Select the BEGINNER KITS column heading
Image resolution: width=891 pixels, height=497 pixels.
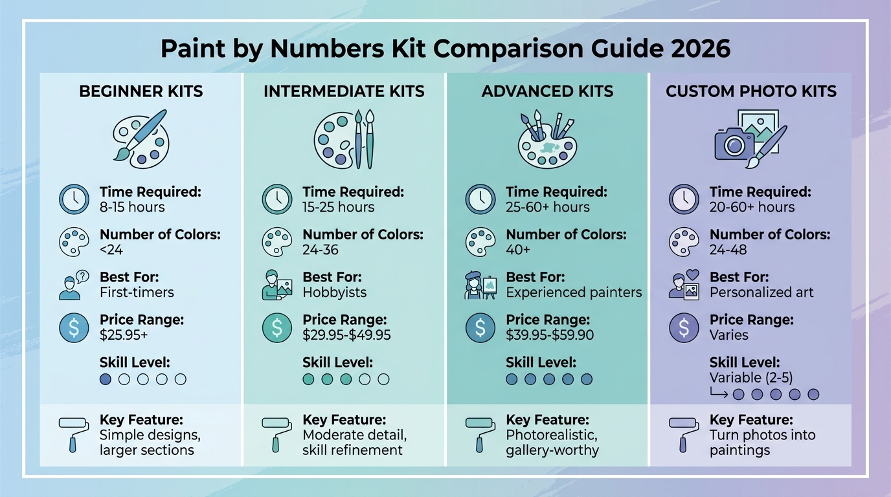[141, 91]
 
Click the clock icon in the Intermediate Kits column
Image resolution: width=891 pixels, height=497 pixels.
[277, 199]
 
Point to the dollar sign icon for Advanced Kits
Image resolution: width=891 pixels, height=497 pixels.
[480, 327]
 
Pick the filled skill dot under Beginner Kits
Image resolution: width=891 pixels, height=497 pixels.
[106, 379]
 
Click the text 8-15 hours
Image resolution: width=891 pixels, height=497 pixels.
[132, 207]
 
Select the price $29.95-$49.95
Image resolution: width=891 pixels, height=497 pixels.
[346, 335]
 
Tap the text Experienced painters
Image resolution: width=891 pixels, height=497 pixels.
[574, 293]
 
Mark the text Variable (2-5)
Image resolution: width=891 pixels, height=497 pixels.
[751, 377]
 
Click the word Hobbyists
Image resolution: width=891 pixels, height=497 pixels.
[334, 293]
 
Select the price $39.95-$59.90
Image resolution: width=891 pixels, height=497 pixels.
[550, 335]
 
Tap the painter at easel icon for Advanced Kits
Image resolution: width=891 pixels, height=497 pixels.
[480, 285]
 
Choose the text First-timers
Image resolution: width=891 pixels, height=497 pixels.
[137, 293]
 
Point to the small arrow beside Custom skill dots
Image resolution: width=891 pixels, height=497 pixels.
[719, 393]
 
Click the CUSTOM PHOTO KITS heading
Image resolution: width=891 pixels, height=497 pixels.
[751, 91]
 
